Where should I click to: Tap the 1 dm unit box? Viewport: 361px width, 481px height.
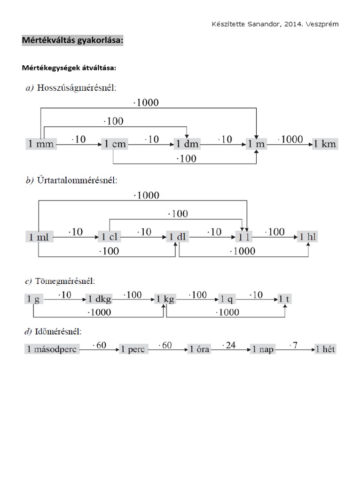pyautogui.click(x=187, y=144)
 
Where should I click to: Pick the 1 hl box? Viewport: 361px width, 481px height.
pyautogui.click(x=308, y=237)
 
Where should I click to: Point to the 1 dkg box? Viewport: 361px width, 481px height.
pyautogui.click(x=99, y=299)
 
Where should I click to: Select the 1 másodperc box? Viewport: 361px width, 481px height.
pyautogui.click(x=52, y=349)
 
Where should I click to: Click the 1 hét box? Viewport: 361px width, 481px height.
pyautogui.click(x=326, y=349)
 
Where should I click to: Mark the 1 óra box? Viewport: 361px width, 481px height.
pyautogui.click(x=199, y=349)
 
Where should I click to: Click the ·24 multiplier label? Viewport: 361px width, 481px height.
pyautogui.click(x=230, y=345)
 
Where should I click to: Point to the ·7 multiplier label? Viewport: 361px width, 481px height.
pyautogui.click(x=294, y=345)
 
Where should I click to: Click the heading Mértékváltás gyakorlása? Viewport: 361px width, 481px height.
pyautogui.click(x=72, y=41)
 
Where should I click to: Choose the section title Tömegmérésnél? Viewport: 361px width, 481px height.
pyautogui.click(x=65, y=281)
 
